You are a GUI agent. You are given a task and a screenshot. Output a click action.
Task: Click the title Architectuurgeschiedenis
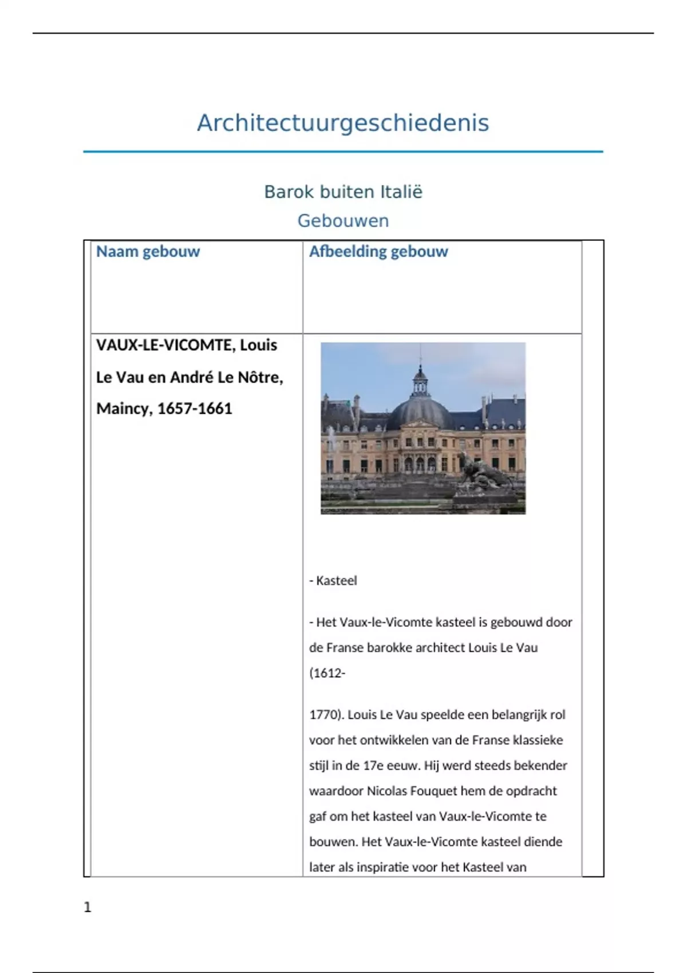pos(343,123)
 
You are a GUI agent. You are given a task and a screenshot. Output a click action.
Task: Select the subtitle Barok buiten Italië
pos(343,192)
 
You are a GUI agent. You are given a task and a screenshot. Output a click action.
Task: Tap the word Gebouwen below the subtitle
pos(343,221)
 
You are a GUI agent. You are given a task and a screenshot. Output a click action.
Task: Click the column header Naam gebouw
pos(148,252)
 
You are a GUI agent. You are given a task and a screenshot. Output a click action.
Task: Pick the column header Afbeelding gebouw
pos(378,252)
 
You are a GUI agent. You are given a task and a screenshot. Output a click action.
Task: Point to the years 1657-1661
pos(195,409)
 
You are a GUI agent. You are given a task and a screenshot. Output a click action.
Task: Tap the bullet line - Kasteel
pos(333,581)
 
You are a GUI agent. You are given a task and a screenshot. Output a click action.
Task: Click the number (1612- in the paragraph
pos(327,673)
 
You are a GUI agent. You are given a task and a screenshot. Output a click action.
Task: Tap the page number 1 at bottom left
pos(88,907)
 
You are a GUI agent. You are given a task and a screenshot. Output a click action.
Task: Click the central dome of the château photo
pos(421,412)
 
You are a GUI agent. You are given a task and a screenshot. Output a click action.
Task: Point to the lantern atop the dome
pos(421,380)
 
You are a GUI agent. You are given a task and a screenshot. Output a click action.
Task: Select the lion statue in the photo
pos(484,475)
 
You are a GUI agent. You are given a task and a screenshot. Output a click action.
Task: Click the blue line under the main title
pos(343,152)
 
